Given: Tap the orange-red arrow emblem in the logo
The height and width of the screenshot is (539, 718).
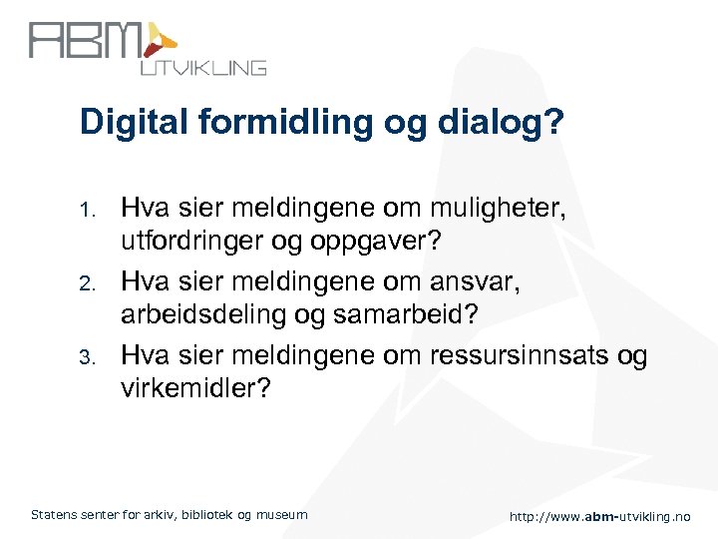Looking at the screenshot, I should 160,40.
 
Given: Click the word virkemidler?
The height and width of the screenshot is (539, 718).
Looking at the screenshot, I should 195,387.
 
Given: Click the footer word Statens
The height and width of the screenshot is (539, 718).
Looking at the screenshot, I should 55,515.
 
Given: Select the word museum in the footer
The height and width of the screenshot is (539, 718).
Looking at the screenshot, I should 282,515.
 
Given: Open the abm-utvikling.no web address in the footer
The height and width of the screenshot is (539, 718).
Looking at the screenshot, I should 599,516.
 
